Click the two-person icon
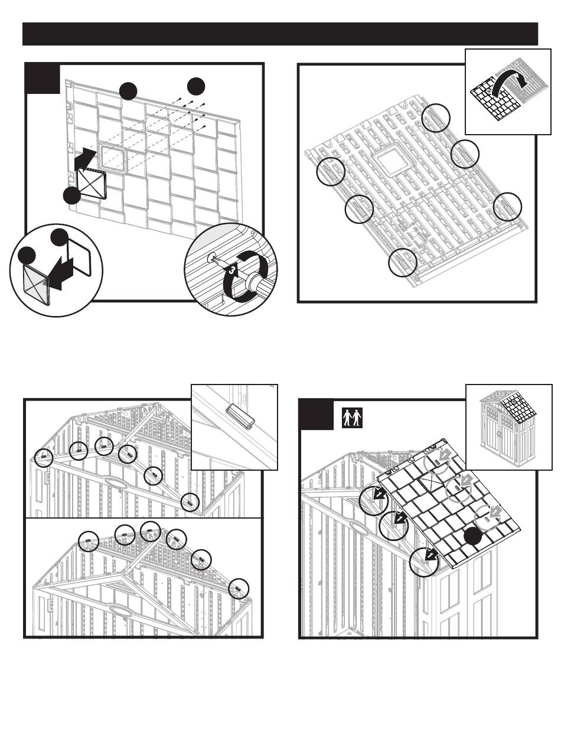(352, 418)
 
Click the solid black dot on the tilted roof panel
(472, 536)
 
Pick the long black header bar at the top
(280, 34)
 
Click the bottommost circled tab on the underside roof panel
(403, 263)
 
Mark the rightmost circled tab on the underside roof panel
(508, 207)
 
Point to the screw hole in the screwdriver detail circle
(211, 258)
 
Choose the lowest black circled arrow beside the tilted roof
(423, 561)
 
